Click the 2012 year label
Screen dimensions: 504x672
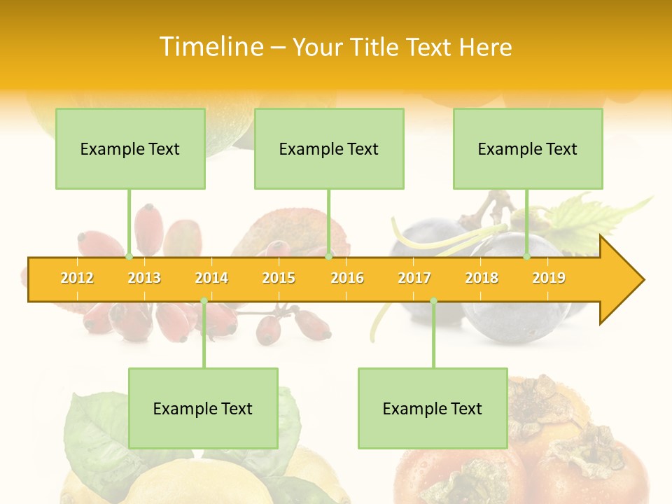pos(77,278)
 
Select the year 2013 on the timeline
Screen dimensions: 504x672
pos(144,278)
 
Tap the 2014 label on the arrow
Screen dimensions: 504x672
pos(211,278)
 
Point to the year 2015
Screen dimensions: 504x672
pos(279,278)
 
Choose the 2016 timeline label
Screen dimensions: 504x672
pos(347,278)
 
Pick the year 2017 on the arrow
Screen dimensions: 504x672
pos(414,278)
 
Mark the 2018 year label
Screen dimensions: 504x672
pos(482,278)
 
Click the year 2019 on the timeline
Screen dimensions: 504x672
pos(549,278)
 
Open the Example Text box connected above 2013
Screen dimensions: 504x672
pos(130,148)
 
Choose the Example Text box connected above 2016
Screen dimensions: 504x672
pos(329,148)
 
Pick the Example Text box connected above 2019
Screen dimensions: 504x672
pos(528,148)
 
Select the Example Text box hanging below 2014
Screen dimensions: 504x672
pos(203,408)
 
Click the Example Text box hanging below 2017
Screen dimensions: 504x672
pos(433,408)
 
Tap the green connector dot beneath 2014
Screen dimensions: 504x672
pos(204,301)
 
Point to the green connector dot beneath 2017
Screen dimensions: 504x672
pos(433,301)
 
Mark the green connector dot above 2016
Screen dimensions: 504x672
pos(328,257)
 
